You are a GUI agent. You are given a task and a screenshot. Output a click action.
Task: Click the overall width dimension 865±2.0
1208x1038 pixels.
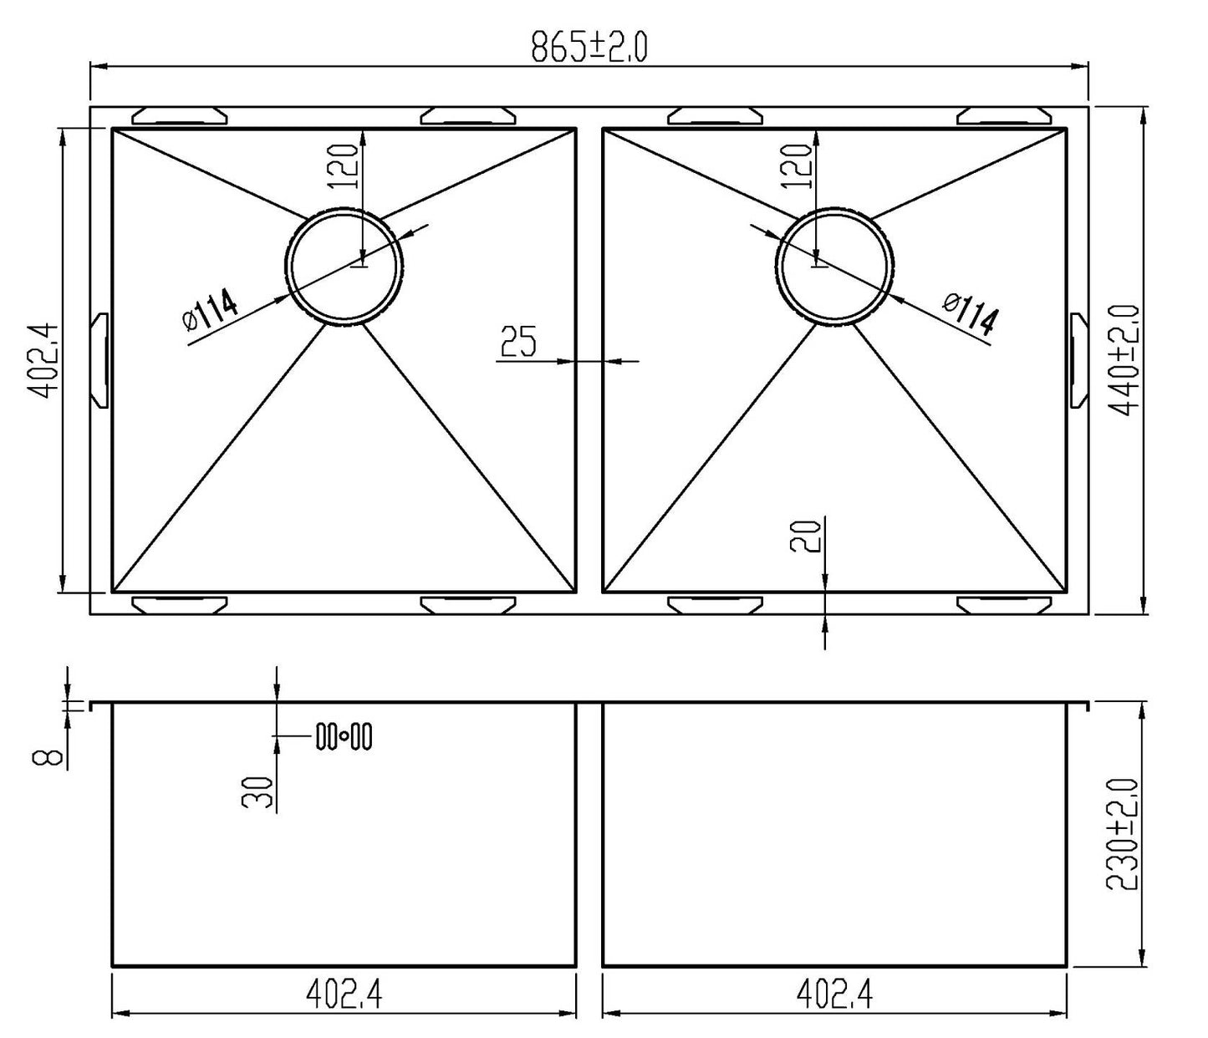(589, 48)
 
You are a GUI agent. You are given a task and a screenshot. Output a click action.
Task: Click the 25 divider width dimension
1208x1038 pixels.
(518, 342)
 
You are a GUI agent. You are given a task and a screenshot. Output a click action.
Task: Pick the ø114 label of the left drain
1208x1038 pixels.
(210, 310)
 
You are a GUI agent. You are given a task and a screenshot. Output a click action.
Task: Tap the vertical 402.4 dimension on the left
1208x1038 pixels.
(43, 359)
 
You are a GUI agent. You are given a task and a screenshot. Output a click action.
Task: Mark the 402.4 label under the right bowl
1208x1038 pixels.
(833, 995)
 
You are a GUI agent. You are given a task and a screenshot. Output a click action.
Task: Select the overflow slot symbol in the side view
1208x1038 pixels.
(344, 736)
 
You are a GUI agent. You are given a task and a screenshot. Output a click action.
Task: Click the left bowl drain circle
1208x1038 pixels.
(345, 266)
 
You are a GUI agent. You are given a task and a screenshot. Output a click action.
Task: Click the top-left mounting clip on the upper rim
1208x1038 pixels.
(180, 115)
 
